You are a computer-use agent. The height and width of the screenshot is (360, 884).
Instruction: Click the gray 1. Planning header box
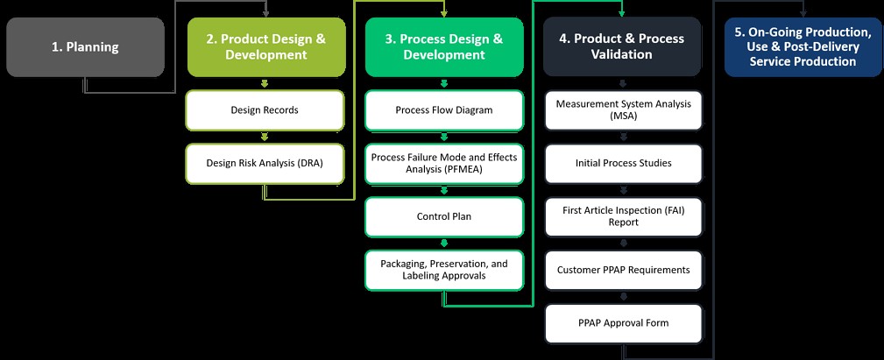point(85,47)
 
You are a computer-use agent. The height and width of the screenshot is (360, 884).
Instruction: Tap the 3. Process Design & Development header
point(444,47)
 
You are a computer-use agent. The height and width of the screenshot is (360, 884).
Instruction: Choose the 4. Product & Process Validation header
point(622,47)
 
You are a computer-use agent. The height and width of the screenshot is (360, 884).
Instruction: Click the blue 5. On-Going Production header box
point(803,47)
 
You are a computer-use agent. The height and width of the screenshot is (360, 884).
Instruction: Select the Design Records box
point(265,110)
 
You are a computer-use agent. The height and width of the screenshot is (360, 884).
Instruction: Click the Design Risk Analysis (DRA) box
point(265,163)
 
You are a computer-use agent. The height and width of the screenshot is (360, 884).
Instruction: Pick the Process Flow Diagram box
point(444,110)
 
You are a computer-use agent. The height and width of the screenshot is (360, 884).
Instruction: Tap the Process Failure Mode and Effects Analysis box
point(444,163)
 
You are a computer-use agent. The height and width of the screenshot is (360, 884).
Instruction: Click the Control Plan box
point(444,216)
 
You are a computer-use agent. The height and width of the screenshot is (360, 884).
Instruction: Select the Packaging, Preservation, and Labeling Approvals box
point(444,270)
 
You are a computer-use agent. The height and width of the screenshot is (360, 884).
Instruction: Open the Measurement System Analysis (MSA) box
point(623,110)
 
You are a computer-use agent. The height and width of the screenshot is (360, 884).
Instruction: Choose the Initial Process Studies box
point(623,163)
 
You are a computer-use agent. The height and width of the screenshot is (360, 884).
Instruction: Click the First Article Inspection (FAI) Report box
point(623,216)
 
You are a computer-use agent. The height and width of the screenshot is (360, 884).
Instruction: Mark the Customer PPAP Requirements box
point(623,270)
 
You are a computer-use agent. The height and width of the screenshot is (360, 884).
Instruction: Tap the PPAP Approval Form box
point(623,323)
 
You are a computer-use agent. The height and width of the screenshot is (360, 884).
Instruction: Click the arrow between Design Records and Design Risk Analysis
point(265,137)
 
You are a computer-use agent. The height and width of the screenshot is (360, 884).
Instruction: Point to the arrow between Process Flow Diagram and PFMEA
point(444,137)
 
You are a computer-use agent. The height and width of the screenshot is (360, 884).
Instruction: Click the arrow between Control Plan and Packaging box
point(444,243)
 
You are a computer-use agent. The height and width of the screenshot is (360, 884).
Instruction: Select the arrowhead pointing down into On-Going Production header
point(803,12)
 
